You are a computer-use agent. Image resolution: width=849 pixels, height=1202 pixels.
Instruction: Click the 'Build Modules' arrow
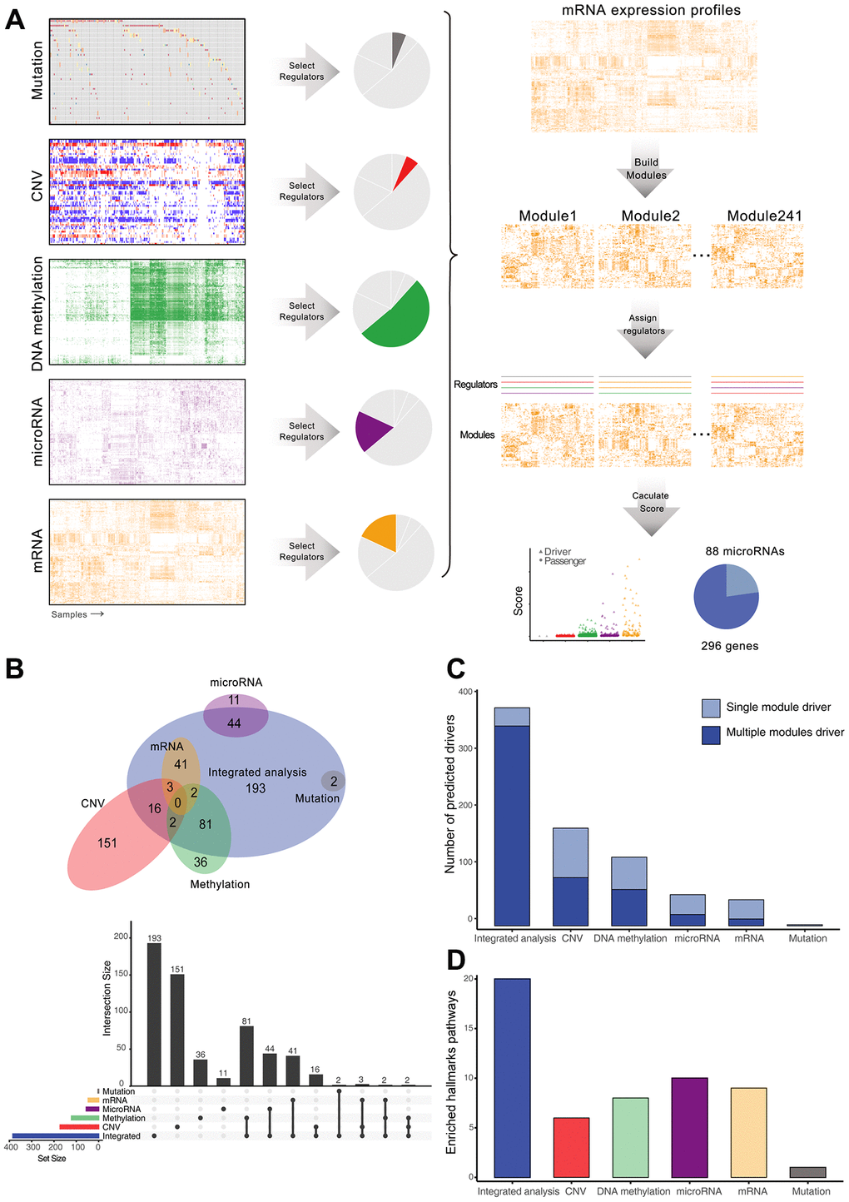pos(646,170)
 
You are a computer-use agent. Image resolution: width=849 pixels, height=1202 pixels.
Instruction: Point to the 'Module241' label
pos(764,216)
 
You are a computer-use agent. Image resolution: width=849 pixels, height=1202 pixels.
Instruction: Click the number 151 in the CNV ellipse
pos(107,843)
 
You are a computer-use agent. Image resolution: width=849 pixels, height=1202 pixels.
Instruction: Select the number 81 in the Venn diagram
pos(206,824)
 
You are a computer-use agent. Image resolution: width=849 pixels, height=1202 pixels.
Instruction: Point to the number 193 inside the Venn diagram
pos(256,787)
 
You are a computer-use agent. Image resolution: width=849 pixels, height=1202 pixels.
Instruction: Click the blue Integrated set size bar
pos(55,1136)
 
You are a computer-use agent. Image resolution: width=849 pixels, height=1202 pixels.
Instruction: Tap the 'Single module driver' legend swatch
pos(711,708)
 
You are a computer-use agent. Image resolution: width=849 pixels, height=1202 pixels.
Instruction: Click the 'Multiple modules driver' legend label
pos(785,733)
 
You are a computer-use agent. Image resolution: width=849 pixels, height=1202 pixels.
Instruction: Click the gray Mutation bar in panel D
pos(807,1172)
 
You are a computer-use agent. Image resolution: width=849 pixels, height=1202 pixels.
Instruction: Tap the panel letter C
pos(456,668)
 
